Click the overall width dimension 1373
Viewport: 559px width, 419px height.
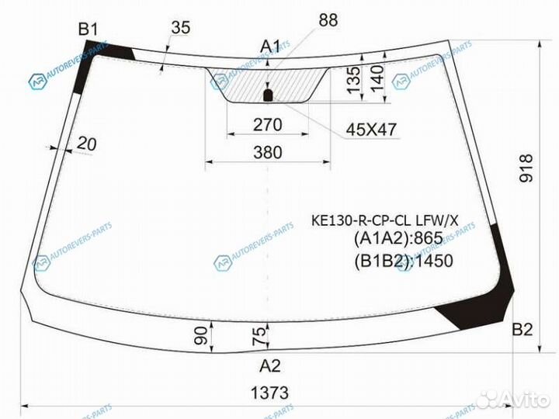[x=269, y=392]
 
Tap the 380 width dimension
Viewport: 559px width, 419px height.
[x=268, y=153]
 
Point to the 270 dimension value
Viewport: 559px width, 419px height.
[x=268, y=124]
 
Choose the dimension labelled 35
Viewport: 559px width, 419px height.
[x=179, y=28]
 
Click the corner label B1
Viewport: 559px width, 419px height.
[x=88, y=30]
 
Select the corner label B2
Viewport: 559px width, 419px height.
[x=522, y=331]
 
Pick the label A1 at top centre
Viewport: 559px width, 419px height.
[x=270, y=47]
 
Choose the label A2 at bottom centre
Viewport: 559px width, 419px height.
[x=269, y=365]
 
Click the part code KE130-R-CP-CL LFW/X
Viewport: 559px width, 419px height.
[x=385, y=222]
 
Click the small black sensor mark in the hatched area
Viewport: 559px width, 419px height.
[x=268, y=95]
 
